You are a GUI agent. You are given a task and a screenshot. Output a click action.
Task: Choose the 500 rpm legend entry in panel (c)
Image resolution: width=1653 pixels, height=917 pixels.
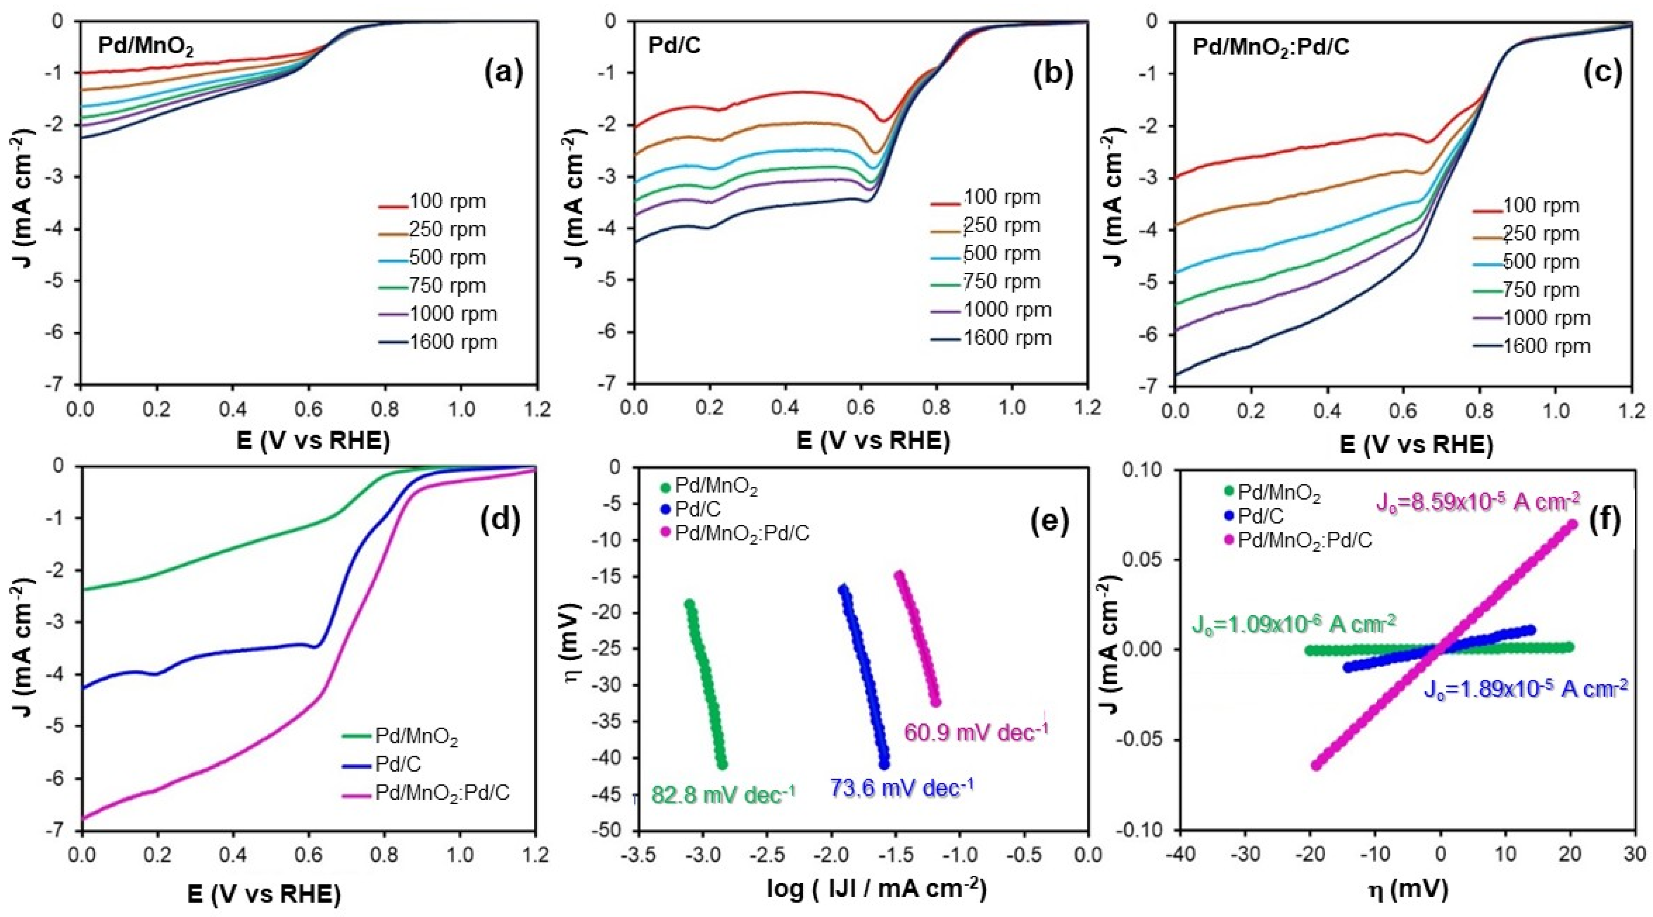[x=1541, y=262]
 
